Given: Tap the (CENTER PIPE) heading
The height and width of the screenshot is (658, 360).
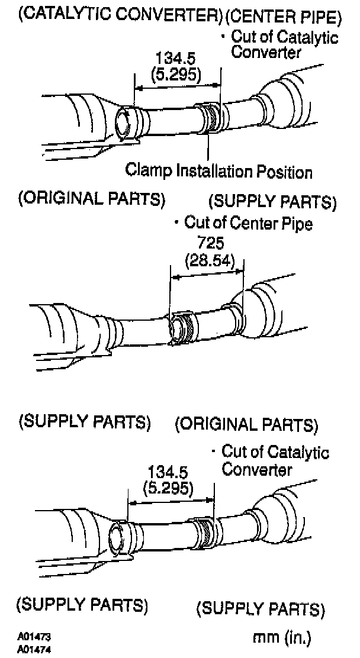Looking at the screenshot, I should (x=284, y=17).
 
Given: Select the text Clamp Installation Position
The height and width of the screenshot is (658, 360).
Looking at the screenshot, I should (x=218, y=172).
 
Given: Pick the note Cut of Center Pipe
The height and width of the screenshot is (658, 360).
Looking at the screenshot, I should (x=248, y=223).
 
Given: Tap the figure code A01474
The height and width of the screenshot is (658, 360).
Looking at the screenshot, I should (x=35, y=648).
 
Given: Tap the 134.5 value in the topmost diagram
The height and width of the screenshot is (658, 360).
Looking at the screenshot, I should (x=175, y=59).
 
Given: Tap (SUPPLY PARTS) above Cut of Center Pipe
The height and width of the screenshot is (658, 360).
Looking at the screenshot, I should (x=272, y=202).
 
